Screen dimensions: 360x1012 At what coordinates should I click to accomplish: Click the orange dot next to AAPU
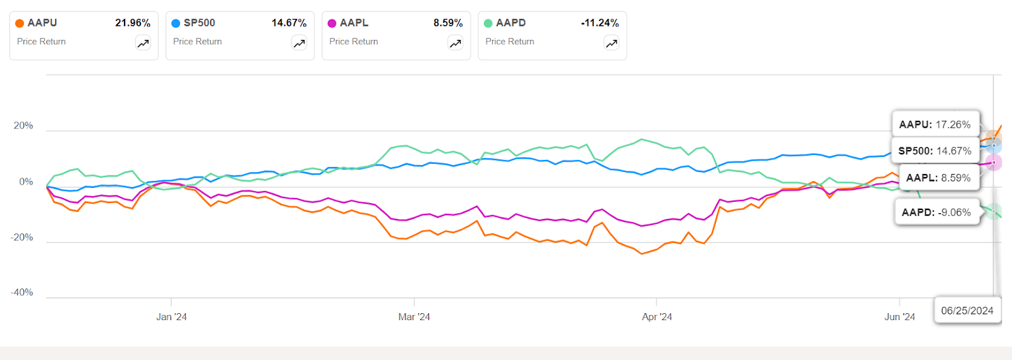(x=20, y=23)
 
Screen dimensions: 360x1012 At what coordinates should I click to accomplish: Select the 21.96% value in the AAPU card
(x=132, y=23)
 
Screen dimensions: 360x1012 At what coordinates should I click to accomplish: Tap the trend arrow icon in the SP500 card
(x=299, y=43)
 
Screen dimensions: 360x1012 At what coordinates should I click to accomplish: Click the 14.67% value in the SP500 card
(x=288, y=23)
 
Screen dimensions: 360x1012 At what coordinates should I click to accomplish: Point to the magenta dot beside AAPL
(x=332, y=23)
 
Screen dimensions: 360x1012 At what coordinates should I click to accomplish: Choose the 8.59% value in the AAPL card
(x=448, y=23)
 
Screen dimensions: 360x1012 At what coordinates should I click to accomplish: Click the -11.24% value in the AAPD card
(x=600, y=23)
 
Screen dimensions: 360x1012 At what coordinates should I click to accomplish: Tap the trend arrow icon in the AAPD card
(x=612, y=43)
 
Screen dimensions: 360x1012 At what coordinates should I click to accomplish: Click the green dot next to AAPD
(x=488, y=23)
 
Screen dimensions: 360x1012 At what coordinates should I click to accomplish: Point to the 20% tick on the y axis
(x=23, y=126)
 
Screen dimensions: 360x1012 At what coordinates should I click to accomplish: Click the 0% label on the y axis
(x=26, y=182)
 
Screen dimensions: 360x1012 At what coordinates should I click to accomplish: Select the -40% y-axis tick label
(x=22, y=292)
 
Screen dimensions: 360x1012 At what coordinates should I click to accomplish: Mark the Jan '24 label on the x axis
(x=171, y=317)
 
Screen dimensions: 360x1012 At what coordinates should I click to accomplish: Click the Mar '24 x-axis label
(x=414, y=317)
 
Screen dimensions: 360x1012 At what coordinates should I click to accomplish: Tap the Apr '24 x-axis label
(x=657, y=317)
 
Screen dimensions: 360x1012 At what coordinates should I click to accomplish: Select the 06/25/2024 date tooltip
(x=967, y=311)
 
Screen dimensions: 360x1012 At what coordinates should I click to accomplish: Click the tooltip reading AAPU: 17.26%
(x=935, y=125)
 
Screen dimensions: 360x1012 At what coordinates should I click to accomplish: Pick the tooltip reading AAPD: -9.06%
(x=936, y=213)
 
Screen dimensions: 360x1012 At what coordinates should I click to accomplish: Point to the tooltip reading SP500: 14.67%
(x=935, y=151)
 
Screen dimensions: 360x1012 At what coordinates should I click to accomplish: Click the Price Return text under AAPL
(x=354, y=42)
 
